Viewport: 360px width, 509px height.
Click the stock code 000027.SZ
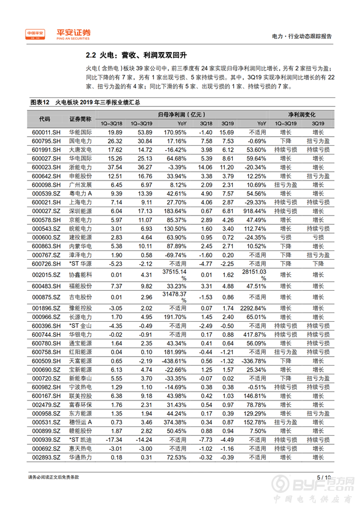coord(45,211)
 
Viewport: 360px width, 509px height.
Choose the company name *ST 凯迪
coord(81,440)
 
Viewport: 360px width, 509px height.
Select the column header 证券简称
coord(81,119)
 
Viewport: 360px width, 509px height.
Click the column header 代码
coord(45,119)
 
